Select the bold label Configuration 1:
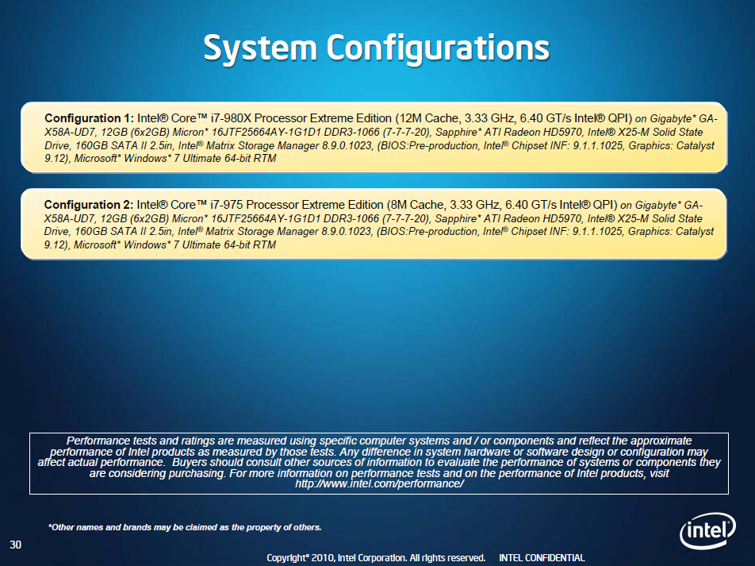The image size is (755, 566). click(90, 117)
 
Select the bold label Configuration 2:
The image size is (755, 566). click(90, 204)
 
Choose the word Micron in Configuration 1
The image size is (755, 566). click(194, 131)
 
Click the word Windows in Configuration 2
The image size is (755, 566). click(161, 246)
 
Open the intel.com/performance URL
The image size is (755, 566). click(379, 483)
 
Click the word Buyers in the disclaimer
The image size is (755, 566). click(192, 462)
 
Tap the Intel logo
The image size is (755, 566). click(707, 529)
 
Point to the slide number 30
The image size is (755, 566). click(15, 545)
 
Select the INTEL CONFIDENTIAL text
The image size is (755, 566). click(542, 558)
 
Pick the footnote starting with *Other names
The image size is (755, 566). click(185, 527)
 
